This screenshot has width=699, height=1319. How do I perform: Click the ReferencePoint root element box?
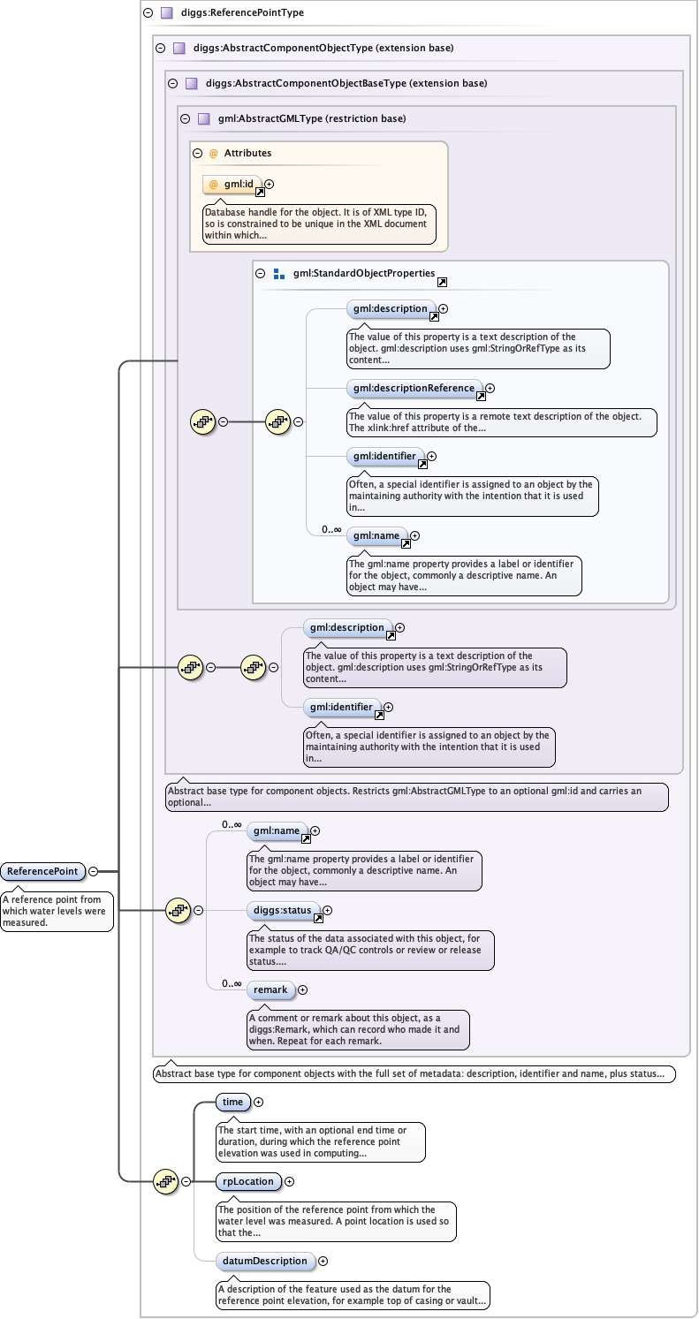coord(42,871)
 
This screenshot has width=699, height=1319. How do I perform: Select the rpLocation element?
coord(248,1181)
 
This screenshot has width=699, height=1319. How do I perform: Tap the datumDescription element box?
coord(265,1261)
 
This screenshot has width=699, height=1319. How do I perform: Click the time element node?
coord(232,1102)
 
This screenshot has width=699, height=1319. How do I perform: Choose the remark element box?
coord(270,989)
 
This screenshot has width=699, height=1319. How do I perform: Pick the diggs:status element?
coord(283,910)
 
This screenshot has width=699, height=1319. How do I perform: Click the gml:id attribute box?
coord(232,185)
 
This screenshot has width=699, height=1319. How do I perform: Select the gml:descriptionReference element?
coord(414,388)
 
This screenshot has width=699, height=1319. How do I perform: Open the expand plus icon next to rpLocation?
coord(289,1181)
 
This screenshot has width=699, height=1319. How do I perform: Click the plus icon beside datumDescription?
coord(323,1261)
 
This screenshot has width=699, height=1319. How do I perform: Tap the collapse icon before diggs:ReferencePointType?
coord(148,12)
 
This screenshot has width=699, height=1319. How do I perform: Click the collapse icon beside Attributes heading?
coord(198,153)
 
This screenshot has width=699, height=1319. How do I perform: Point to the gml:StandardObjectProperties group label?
coord(364,273)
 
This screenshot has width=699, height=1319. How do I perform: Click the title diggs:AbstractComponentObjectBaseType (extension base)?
coord(346,83)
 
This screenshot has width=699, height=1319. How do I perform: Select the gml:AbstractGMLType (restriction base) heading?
coord(312,118)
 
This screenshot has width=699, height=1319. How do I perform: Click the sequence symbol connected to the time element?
coord(165,1181)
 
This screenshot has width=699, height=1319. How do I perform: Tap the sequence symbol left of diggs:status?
coord(178,910)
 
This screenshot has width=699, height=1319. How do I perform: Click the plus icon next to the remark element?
coord(303,989)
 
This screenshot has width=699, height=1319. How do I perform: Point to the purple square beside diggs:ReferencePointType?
coord(167,12)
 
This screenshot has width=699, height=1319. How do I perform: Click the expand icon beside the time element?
coord(259,1102)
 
